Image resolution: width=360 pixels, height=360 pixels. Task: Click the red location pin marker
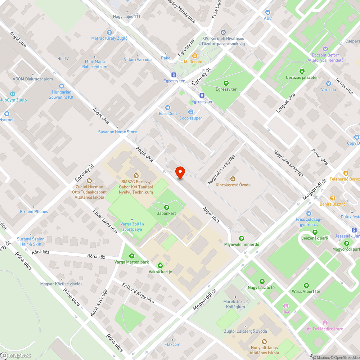[180, 173]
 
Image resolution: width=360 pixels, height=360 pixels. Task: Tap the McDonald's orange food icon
[195, 56]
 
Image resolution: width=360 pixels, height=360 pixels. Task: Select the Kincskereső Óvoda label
[233, 185]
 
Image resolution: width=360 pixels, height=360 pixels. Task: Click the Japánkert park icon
[167, 207]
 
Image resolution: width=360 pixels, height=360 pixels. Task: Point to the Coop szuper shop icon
[191, 112]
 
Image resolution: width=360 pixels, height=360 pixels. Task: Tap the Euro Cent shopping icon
[167, 108]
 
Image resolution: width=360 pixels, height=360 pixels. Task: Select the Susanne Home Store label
[118, 132]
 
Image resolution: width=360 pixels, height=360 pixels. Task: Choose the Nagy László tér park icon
[262, 282]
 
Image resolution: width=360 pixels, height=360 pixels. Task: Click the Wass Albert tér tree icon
[306, 285]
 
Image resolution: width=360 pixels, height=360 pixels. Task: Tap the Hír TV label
[63, 58]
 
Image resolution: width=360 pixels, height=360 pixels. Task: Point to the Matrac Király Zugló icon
[109, 32]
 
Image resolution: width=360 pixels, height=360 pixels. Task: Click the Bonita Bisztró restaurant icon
[332, 198]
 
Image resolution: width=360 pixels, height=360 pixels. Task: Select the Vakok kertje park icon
[160, 266]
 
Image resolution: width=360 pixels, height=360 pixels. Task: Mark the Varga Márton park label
[131, 262]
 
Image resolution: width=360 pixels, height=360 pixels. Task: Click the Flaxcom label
[172, 344]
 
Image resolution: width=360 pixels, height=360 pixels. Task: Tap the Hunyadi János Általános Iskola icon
[264, 341]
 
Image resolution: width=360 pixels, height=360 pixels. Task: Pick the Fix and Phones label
[34, 212]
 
